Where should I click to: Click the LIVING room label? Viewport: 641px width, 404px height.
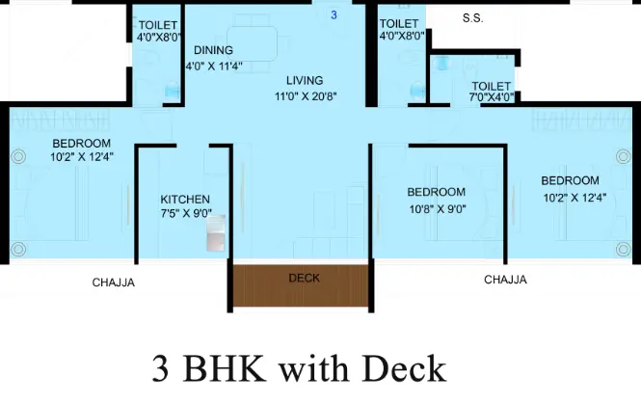[x=304, y=81]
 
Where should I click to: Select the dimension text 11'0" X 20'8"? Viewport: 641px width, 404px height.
[x=304, y=97]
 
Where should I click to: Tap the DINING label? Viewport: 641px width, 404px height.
[x=213, y=50]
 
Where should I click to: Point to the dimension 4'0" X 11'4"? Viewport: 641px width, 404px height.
[x=214, y=67]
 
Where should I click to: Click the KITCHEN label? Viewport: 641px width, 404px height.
[x=184, y=201]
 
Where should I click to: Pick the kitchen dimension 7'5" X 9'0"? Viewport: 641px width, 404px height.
[x=184, y=216]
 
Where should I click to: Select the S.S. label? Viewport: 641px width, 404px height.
[x=472, y=18]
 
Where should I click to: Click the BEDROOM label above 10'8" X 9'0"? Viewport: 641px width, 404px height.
[x=436, y=192]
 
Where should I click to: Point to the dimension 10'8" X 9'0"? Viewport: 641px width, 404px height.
[x=436, y=208]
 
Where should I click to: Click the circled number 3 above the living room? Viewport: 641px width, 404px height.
[x=334, y=15]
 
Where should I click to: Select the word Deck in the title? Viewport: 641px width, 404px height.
[x=404, y=369]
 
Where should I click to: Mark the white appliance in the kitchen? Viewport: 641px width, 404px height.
[x=215, y=231]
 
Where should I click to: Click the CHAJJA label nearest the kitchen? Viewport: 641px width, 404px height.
[x=114, y=283]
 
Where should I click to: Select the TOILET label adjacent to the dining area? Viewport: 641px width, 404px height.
[x=156, y=25]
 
